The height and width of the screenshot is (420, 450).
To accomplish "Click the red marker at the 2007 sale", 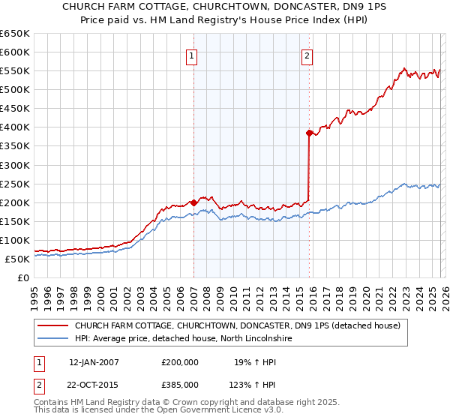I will [193, 202].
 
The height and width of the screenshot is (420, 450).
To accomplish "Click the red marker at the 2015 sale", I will [309, 133].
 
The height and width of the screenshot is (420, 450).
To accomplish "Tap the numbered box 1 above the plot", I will [192, 55].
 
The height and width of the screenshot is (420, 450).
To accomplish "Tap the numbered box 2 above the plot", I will [307, 55].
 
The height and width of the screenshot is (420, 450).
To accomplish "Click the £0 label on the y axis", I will [22, 278].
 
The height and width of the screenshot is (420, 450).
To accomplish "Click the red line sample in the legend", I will [53, 326].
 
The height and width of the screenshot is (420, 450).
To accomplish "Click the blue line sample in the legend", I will [53, 339].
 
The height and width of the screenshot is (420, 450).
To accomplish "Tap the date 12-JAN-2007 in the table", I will [94, 362].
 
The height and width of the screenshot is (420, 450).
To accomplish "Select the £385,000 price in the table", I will [180, 385].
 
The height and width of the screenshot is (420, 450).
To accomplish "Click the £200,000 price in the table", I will [180, 362].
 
